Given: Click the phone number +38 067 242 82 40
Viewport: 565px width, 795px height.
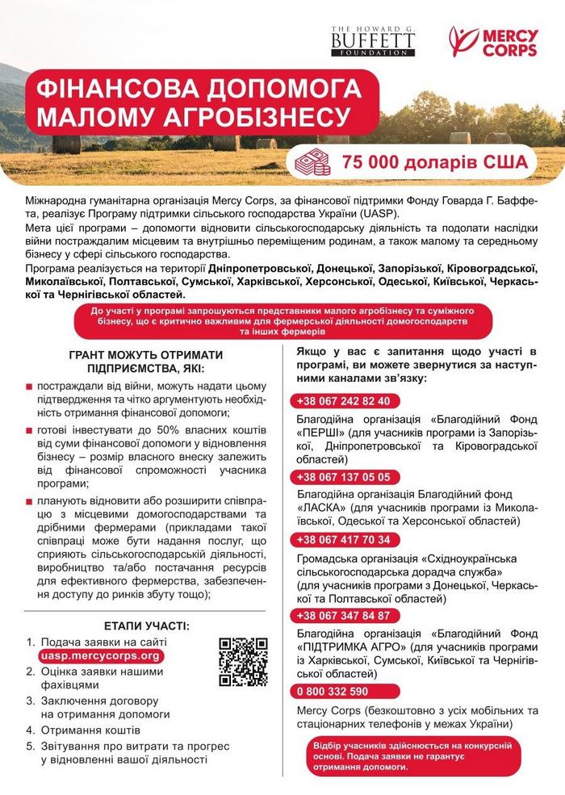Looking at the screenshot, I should click(x=343, y=400).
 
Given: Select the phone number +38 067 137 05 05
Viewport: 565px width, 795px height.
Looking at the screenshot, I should click(x=343, y=476).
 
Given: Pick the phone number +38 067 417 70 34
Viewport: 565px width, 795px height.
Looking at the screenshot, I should click(x=343, y=539).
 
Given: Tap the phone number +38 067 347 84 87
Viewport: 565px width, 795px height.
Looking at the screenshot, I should click(x=343, y=615).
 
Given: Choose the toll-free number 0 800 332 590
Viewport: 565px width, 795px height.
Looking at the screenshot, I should click(x=333, y=691).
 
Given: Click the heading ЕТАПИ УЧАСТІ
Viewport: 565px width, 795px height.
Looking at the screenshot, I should click(x=147, y=625).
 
